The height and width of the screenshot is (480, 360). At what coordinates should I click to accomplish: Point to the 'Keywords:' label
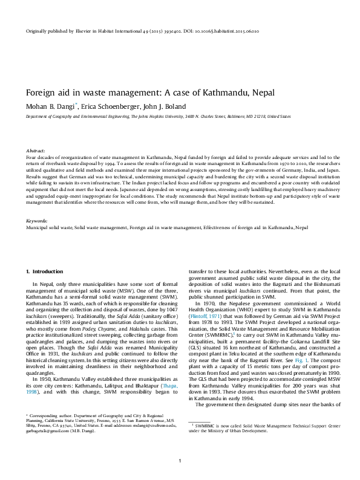click(x=37, y=222)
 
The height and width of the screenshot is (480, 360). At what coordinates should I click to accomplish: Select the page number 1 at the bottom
click(x=180, y=461)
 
